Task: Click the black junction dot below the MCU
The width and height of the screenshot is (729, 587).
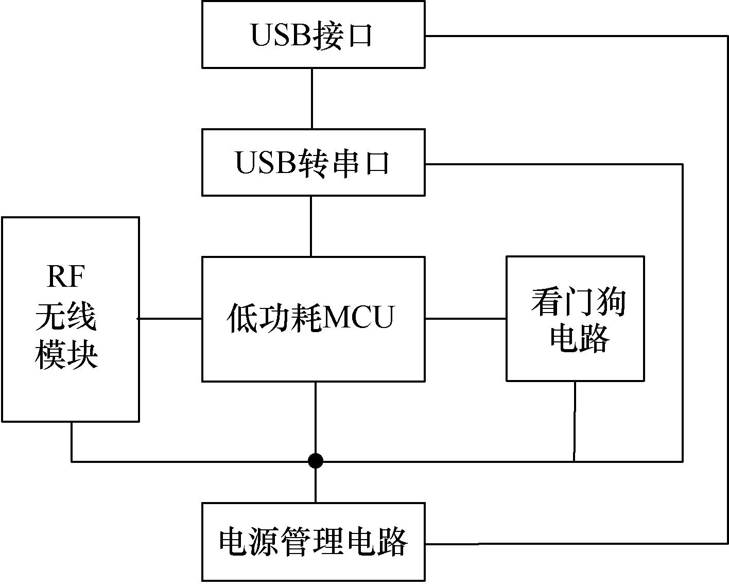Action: (x=316, y=461)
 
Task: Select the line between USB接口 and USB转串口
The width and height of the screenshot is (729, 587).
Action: (x=312, y=98)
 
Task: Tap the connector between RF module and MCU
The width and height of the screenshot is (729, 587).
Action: (x=170, y=319)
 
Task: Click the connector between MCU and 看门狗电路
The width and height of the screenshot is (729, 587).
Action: (x=465, y=319)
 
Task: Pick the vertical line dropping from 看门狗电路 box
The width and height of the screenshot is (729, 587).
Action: (x=575, y=420)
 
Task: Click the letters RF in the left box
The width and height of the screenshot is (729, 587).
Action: (x=66, y=278)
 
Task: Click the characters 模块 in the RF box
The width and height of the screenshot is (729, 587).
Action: (x=66, y=355)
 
